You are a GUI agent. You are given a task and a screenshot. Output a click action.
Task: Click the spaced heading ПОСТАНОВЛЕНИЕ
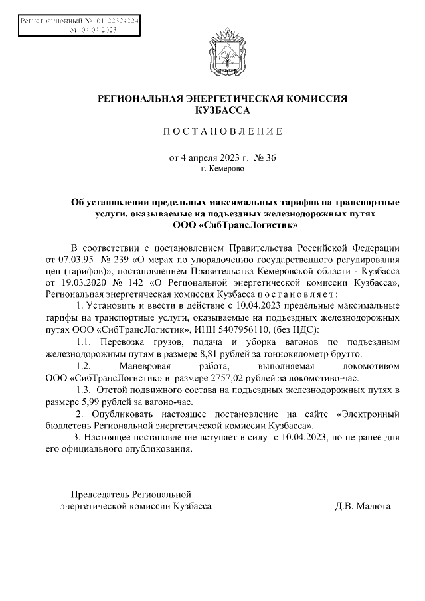pyautogui.click(x=222, y=131)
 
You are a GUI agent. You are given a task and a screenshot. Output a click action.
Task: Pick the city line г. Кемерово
pyautogui.click(x=222, y=169)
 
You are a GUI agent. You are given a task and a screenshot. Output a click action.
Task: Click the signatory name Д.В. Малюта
pyautogui.click(x=363, y=506)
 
